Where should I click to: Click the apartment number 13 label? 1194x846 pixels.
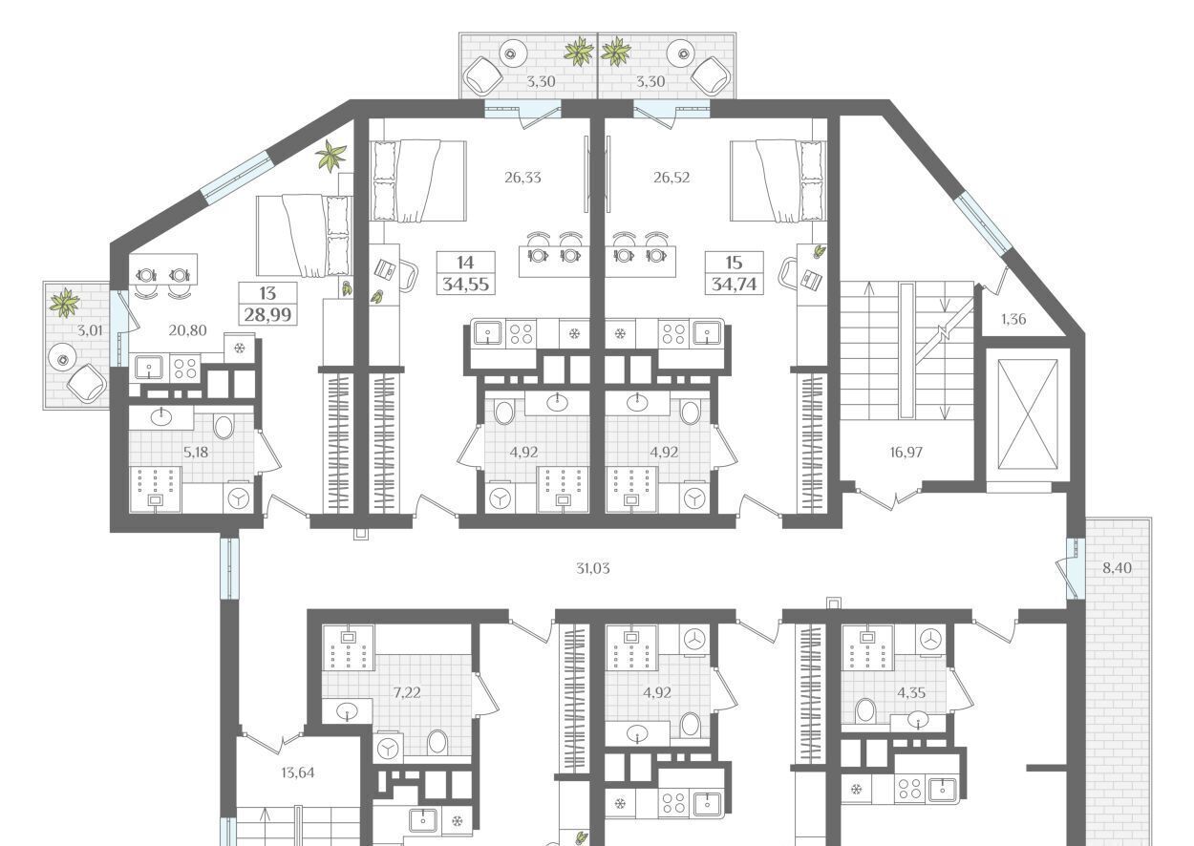[267, 293]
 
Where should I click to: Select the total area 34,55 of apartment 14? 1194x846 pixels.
[466, 285]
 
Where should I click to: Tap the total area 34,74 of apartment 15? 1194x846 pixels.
[734, 285]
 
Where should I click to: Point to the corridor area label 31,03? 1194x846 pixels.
[593, 568]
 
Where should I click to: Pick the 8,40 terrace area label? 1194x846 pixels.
[1117, 568]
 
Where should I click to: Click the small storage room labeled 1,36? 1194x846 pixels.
[1013, 319]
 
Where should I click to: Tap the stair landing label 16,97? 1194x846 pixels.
[906, 453]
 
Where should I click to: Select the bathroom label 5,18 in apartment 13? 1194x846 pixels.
[196, 453]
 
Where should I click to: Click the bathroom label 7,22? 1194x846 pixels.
[407, 692]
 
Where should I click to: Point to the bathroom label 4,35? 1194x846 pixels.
[911, 692]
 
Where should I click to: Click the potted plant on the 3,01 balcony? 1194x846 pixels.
[65, 303]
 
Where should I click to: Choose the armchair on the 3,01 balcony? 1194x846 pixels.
[85, 382]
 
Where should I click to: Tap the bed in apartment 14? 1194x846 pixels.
[418, 180]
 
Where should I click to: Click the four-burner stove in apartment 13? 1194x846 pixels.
[185, 367]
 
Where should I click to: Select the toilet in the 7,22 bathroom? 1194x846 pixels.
[437, 741]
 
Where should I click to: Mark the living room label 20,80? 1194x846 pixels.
[187, 330]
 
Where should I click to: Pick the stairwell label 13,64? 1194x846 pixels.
[297, 772]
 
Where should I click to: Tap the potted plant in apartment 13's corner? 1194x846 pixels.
[331, 155]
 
